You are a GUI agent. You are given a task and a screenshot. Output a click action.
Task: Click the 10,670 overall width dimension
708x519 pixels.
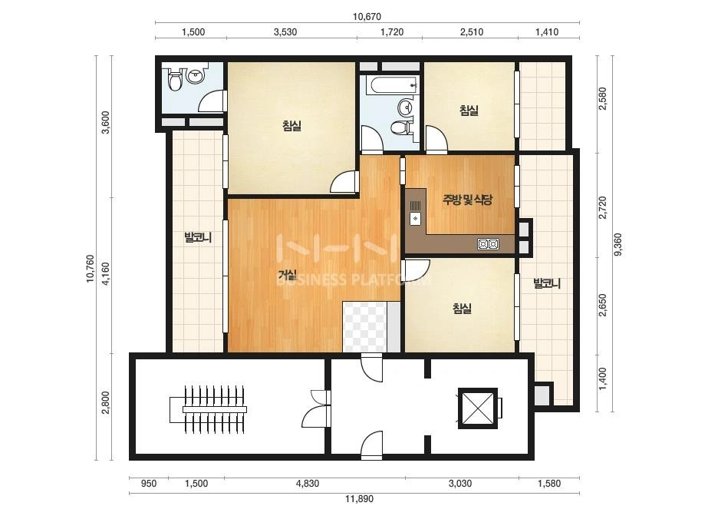[367, 17]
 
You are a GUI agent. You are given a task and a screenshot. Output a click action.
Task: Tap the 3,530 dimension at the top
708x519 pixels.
[285, 32]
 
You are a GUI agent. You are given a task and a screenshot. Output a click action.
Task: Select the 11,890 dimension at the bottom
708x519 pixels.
[359, 499]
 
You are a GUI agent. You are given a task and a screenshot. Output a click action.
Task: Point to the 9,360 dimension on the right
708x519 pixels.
[617, 245]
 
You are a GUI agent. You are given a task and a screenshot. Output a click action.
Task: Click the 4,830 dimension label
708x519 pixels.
[308, 484]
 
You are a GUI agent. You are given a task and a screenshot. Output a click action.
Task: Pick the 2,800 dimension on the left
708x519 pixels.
[106, 402]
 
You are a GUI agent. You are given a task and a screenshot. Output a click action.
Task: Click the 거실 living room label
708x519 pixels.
[287, 274]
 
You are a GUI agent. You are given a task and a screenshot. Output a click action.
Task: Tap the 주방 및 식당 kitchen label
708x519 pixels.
[467, 200]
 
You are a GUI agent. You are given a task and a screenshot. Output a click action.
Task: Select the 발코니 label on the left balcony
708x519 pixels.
[198, 237]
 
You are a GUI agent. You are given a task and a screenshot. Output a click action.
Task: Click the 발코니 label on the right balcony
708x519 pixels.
[547, 283]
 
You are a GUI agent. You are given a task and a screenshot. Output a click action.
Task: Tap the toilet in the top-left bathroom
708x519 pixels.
[174, 81]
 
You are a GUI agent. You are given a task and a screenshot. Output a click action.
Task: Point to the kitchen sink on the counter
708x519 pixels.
[415, 218]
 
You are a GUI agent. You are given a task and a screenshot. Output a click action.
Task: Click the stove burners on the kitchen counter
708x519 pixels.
[488, 245]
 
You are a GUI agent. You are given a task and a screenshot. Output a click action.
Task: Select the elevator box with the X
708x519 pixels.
[478, 408]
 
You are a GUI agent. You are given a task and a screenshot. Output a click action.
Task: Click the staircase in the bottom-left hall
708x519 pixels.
[208, 409]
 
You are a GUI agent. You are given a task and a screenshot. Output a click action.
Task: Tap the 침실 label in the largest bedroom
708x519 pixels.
[291, 125]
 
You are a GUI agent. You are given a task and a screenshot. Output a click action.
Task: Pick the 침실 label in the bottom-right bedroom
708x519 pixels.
[462, 309]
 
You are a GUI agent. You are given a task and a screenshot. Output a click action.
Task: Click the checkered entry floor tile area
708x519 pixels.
[365, 326]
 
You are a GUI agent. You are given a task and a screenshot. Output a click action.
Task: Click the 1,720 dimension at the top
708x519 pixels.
[392, 32]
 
